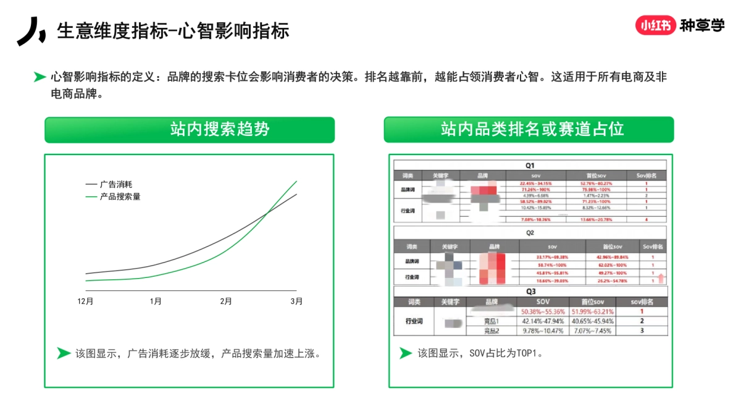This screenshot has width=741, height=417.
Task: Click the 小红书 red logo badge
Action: click(x=655, y=25)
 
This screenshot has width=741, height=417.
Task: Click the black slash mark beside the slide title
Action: click(x=31, y=31)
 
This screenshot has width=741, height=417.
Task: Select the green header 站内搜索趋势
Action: click(x=189, y=130)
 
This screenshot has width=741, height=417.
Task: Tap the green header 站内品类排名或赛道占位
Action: click(x=529, y=130)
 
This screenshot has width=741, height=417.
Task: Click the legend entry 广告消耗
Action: click(x=116, y=184)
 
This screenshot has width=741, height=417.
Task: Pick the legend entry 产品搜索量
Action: click(x=120, y=196)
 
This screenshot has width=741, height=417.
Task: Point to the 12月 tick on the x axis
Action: click(x=86, y=301)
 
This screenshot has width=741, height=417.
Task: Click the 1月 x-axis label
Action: click(x=156, y=301)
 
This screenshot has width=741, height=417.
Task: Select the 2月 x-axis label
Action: click(x=227, y=301)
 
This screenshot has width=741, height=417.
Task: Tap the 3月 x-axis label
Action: click(x=296, y=301)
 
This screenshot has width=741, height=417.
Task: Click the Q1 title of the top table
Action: click(x=530, y=166)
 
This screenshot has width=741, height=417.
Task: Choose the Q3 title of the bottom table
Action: click(x=530, y=292)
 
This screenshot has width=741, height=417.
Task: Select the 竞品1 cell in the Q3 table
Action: click(x=491, y=321)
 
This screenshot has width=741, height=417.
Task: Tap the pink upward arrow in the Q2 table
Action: click(x=661, y=278)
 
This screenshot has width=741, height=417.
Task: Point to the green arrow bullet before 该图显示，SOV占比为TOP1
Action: click(x=405, y=353)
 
